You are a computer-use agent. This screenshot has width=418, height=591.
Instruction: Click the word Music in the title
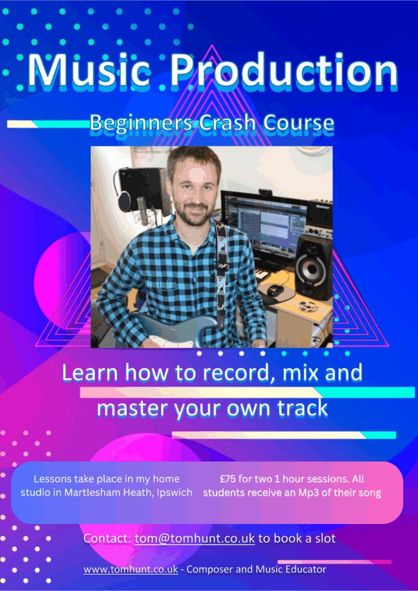pyautogui.click(x=89, y=71)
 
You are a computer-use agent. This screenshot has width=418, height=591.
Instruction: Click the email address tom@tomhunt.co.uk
pyautogui.click(x=195, y=538)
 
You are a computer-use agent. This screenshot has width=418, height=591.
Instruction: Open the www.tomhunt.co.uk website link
pyautogui.click(x=131, y=569)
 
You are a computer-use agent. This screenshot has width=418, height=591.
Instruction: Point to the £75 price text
pyautogui.click(x=227, y=480)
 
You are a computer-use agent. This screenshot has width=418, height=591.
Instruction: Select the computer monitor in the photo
pyautogui.click(x=264, y=226)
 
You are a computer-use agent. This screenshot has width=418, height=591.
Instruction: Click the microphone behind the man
pyautogui.click(x=143, y=208)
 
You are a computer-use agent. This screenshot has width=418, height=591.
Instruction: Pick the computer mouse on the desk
pyautogui.click(x=275, y=290)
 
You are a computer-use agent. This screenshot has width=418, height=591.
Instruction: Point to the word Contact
pyautogui.click(x=107, y=538)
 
